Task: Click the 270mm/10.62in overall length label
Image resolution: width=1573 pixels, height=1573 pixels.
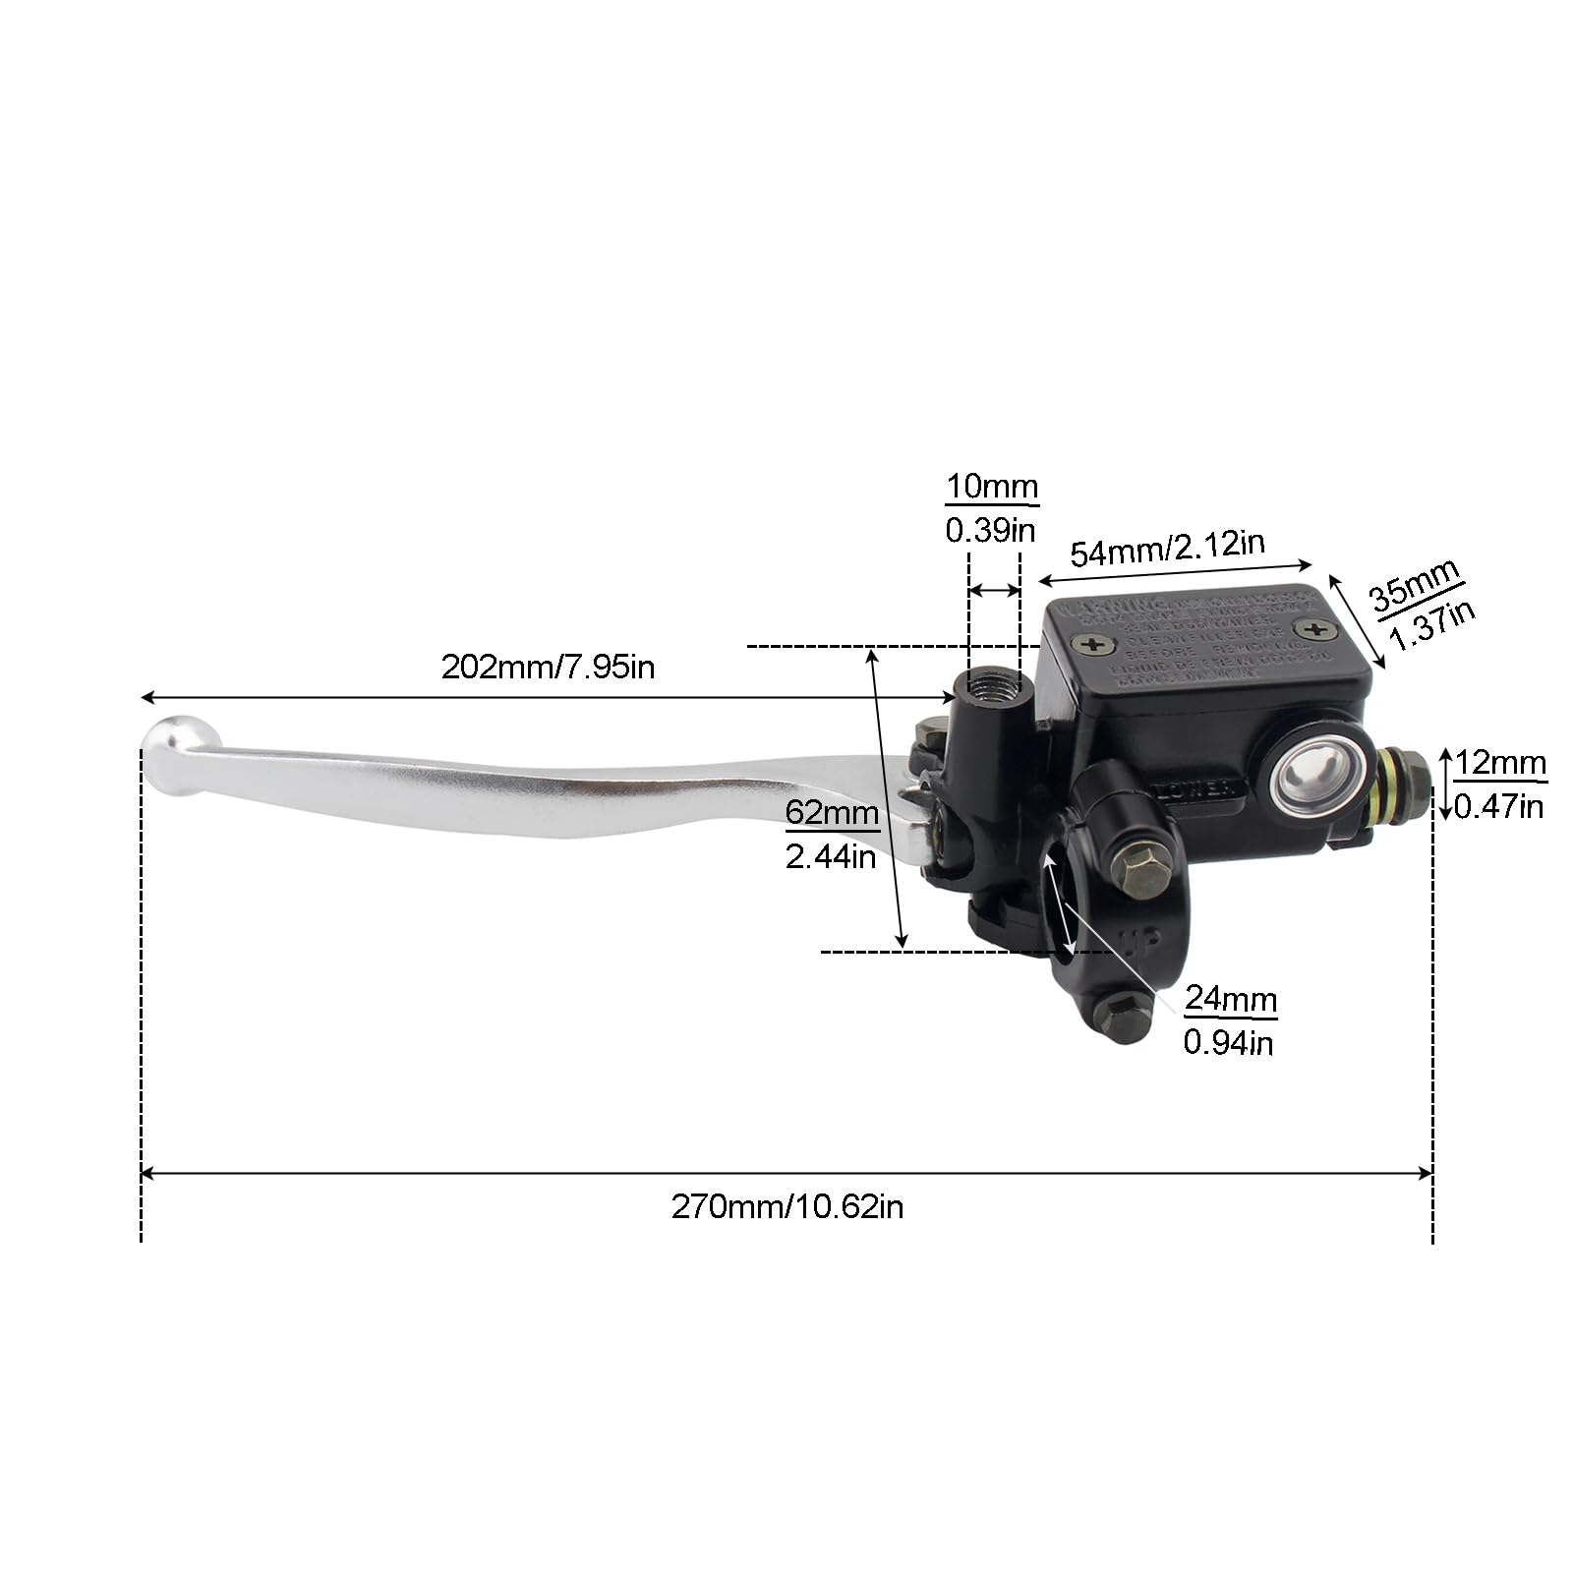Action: (x=786, y=1206)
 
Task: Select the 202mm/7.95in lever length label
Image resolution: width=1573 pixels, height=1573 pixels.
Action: (x=548, y=668)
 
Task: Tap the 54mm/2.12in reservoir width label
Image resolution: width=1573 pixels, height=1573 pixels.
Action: (x=1167, y=549)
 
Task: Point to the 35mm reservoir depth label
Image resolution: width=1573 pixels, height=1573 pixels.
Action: (x=1413, y=589)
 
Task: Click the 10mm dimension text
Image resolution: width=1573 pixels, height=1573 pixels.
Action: (x=992, y=487)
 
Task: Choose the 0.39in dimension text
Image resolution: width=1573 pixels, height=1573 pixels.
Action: (x=990, y=531)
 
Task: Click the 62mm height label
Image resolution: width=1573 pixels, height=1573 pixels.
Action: (x=832, y=814)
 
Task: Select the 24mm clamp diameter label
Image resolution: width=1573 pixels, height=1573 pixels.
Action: (x=1230, y=999)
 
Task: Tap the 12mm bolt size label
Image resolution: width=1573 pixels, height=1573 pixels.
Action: (x=1500, y=763)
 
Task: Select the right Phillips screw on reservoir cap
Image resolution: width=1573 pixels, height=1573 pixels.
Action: (x=1311, y=628)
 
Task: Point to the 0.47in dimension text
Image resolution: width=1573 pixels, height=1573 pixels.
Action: (x=1498, y=807)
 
